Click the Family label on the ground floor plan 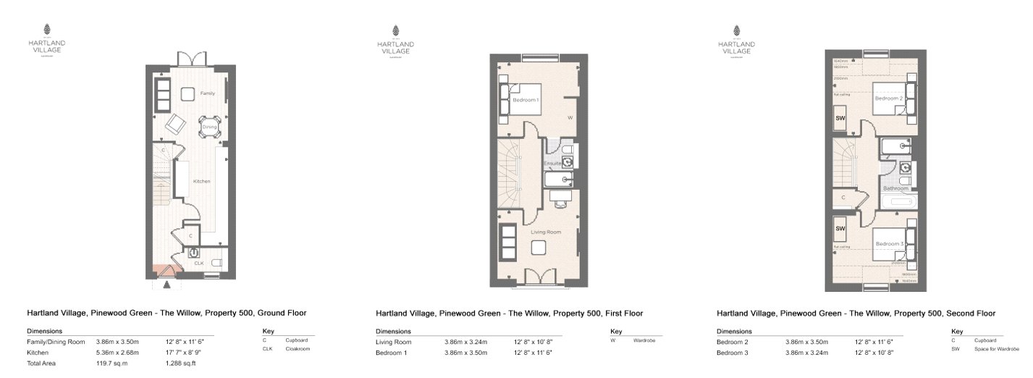click(x=208, y=93)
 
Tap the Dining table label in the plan click(x=209, y=127)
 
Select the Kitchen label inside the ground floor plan click(x=201, y=181)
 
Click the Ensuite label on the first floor click(x=554, y=164)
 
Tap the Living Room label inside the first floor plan click(x=547, y=232)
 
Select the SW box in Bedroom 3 click(x=840, y=229)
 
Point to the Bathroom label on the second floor click(x=895, y=188)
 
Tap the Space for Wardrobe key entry click(x=996, y=349)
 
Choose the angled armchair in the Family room click(x=175, y=125)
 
